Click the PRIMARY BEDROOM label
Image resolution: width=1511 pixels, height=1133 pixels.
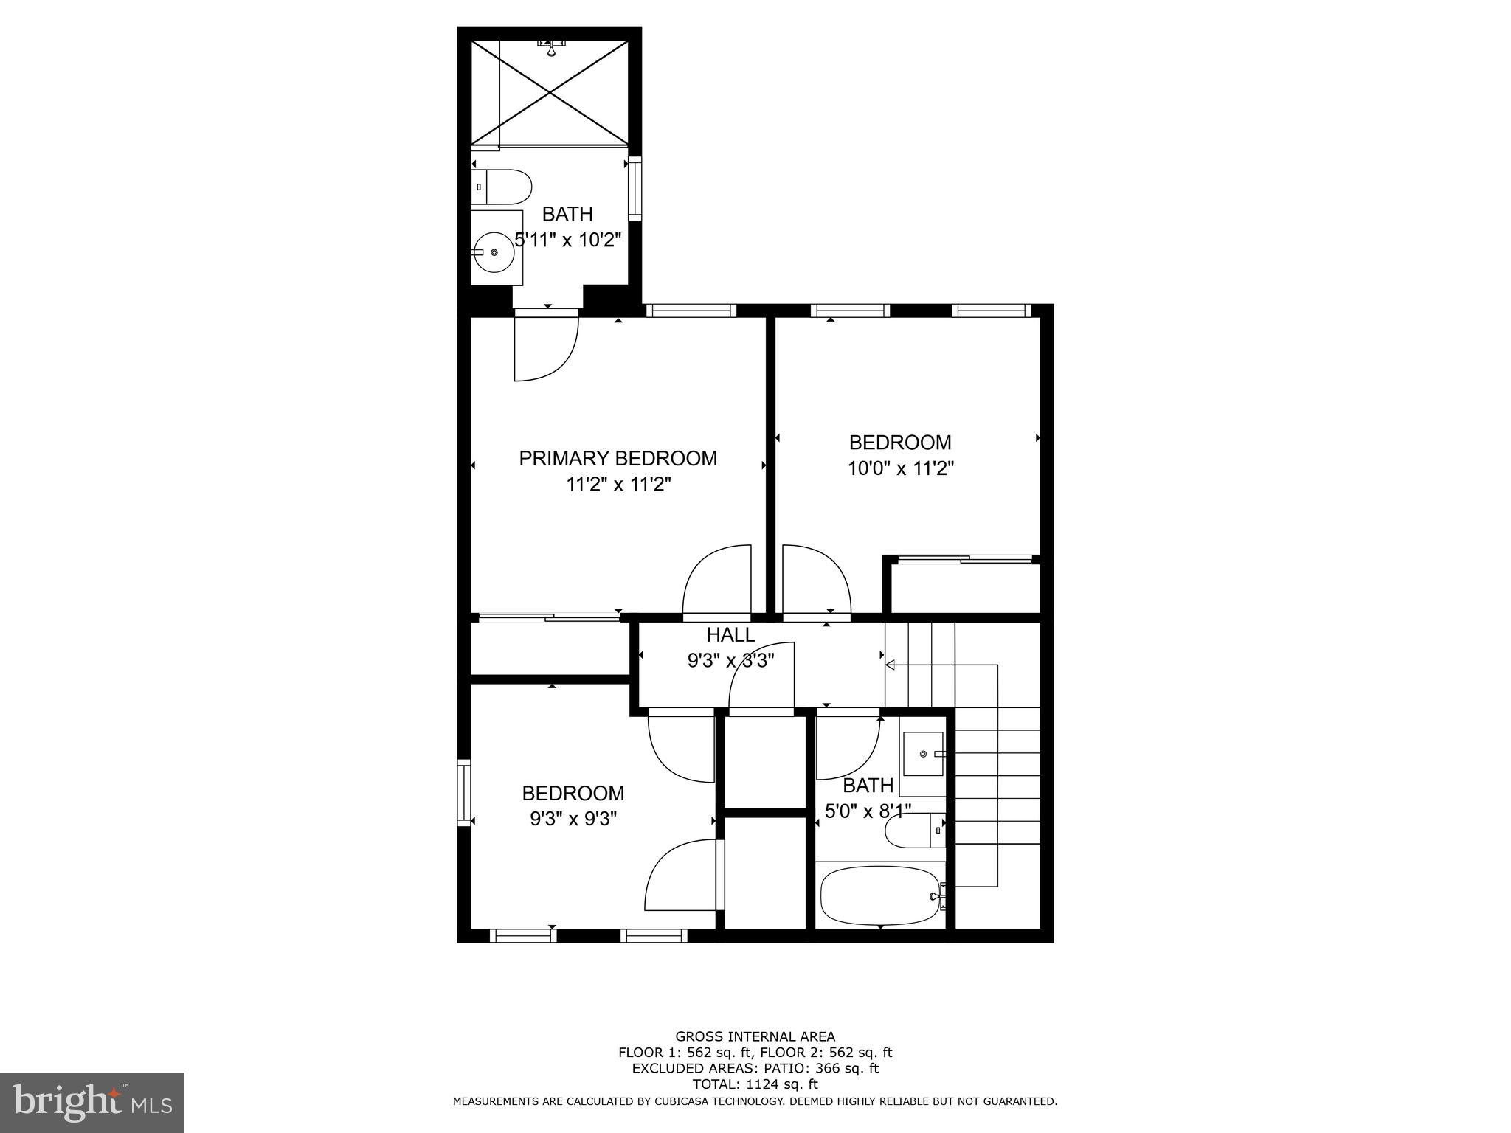tap(618, 459)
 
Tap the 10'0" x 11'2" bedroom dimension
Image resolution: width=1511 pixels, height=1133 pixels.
tap(900, 469)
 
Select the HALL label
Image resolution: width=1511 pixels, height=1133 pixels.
tap(730, 635)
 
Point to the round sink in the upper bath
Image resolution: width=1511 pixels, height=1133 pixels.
tap(494, 252)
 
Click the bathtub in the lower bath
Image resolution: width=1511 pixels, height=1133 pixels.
tap(880, 895)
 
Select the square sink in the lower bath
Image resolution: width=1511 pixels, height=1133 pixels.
tap(923, 754)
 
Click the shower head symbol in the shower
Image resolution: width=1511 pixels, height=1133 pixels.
tap(551, 48)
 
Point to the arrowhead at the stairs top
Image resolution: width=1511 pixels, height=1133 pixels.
tap(891, 665)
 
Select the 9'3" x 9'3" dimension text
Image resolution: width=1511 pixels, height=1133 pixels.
tap(573, 819)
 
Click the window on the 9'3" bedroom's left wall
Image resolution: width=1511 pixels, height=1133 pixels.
tap(463, 792)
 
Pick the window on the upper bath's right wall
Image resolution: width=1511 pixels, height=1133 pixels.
tap(635, 187)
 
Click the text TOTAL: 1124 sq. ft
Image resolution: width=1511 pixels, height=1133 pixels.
tap(755, 1084)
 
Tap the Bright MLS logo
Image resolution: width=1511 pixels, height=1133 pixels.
tap(92, 1102)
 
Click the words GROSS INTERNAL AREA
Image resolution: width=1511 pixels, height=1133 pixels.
tap(755, 1036)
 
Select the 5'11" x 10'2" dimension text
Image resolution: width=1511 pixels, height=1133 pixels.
tap(568, 240)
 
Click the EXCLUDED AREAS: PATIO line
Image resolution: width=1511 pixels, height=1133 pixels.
tap(755, 1068)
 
